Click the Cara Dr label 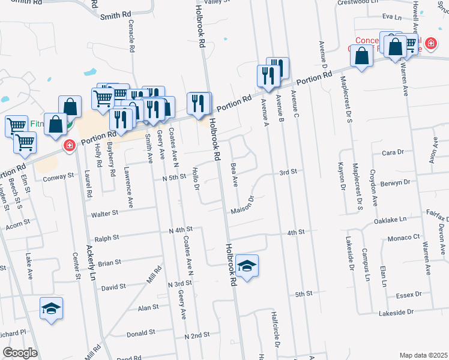393,152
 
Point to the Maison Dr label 244,206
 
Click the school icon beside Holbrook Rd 247,265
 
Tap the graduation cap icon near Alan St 51,309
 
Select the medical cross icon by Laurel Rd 70,145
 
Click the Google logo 20,353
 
